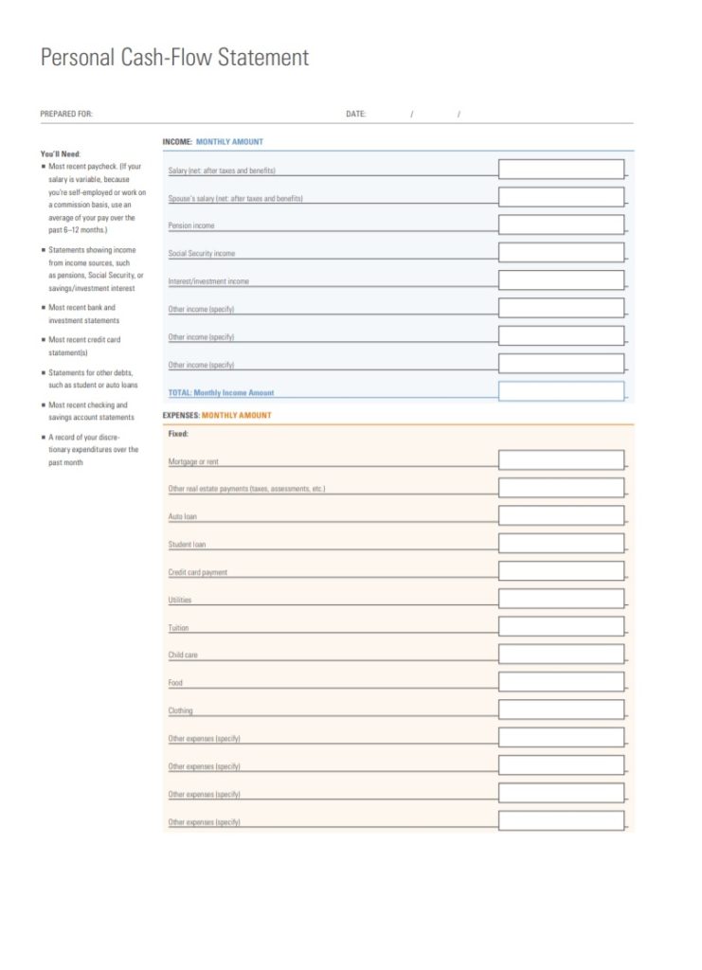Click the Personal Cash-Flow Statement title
pyautogui.click(x=174, y=58)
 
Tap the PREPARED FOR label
pyautogui.click(x=66, y=114)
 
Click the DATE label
pyautogui.click(x=355, y=114)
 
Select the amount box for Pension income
pyautogui.click(x=561, y=225)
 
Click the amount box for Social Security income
pyautogui.click(x=561, y=253)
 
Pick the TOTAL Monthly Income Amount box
pyautogui.click(x=561, y=391)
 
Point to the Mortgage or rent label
pyautogui.click(x=193, y=462)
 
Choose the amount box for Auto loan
pyautogui.click(x=561, y=516)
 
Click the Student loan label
pyautogui.click(x=187, y=545)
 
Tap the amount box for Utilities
pyautogui.click(x=561, y=600)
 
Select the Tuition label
pyautogui.click(x=178, y=628)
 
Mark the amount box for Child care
pyautogui.click(x=561, y=655)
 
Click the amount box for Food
pyautogui.click(x=561, y=682)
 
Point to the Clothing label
pyautogui.click(x=180, y=710)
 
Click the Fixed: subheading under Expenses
pyautogui.click(x=178, y=434)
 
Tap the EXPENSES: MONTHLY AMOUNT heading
pyautogui.click(x=217, y=415)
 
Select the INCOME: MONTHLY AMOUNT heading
pyautogui.click(x=213, y=142)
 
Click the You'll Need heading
pyautogui.click(x=61, y=153)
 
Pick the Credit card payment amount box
pyautogui.click(x=561, y=572)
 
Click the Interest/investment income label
pyautogui.click(x=208, y=281)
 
